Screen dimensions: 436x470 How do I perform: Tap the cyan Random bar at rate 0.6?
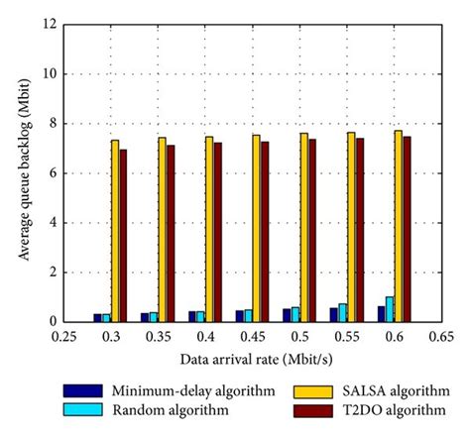390,309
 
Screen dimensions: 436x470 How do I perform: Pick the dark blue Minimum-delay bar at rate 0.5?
287,315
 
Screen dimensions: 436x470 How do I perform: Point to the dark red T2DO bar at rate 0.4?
217,232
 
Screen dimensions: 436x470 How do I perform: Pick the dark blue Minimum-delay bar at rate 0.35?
145,317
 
